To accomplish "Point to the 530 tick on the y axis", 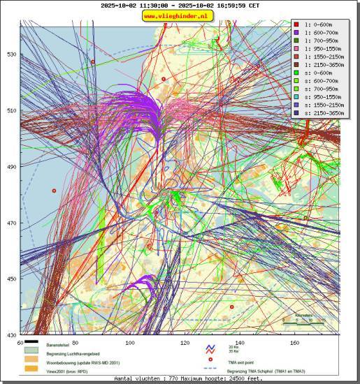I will coord(12,54).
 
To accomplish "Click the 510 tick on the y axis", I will coord(12,110).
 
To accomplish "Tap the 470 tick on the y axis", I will coord(12,223).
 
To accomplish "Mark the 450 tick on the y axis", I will coord(12,279).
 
